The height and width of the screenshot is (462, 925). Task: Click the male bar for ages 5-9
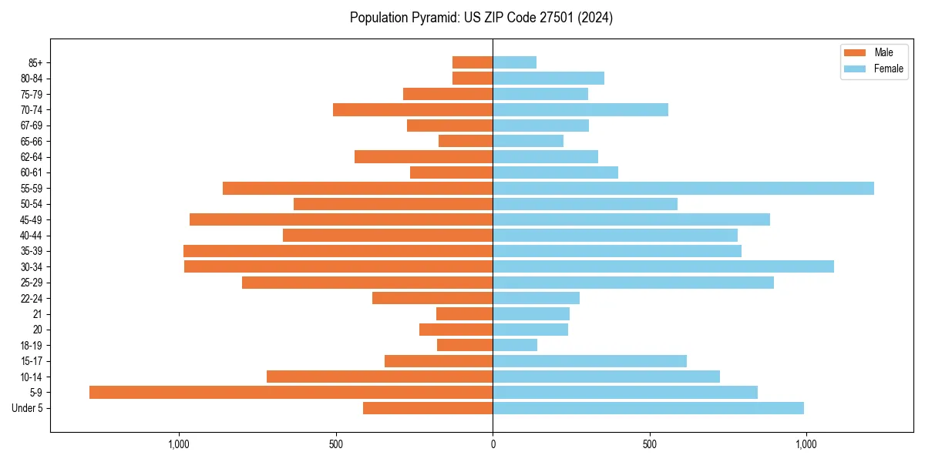pyautogui.click(x=291, y=392)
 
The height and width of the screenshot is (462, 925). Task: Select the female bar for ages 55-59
pyautogui.click(x=683, y=188)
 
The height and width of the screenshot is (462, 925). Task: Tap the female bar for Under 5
pyautogui.click(x=647, y=408)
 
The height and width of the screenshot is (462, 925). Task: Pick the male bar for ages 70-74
pyautogui.click(x=412, y=109)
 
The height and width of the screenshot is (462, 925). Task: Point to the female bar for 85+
pyautogui.click(x=514, y=62)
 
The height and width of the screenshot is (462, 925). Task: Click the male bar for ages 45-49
pyautogui.click(x=341, y=219)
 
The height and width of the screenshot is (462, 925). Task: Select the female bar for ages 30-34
pyautogui.click(x=663, y=266)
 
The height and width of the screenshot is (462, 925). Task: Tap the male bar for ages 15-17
pyautogui.click(x=439, y=360)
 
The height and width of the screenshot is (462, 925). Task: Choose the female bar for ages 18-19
pyautogui.click(x=515, y=345)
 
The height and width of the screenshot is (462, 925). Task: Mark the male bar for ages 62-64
pyautogui.click(x=423, y=156)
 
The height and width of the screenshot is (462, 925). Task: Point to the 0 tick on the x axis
pyautogui.click(x=493, y=444)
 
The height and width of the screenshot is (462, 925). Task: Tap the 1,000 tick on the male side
pyautogui.click(x=179, y=444)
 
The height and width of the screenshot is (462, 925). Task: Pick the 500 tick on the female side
pyautogui.click(x=649, y=444)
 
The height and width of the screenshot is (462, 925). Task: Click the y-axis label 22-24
pyautogui.click(x=32, y=298)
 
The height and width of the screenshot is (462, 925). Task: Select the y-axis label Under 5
pyautogui.click(x=27, y=408)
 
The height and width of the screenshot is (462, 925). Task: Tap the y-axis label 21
pyautogui.click(x=37, y=313)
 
